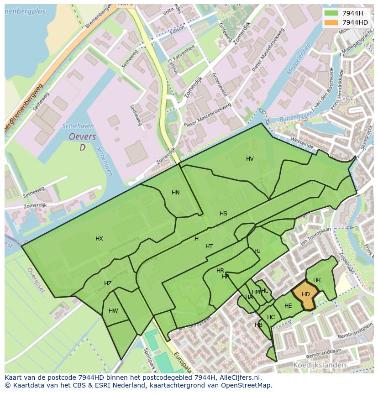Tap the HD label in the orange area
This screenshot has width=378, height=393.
click(306, 294)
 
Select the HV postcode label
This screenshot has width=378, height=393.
click(250, 159)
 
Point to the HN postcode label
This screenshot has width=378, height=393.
click(176, 193)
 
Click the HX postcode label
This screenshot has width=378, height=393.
click(99, 239)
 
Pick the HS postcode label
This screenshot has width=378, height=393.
click(223, 214)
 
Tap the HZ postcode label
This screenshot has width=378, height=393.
click(108, 283)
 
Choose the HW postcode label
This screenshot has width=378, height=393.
click(113, 311)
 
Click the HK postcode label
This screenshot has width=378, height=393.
click(317, 280)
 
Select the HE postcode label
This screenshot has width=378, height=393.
click(288, 306)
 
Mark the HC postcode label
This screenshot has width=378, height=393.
click(271, 317)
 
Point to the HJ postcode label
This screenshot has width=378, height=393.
click(257, 251)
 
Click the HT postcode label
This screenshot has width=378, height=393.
click(209, 246)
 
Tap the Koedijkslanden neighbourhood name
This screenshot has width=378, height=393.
click(319, 365)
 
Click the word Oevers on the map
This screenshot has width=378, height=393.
click(83, 137)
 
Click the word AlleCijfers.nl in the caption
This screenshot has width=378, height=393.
click(238, 377)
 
